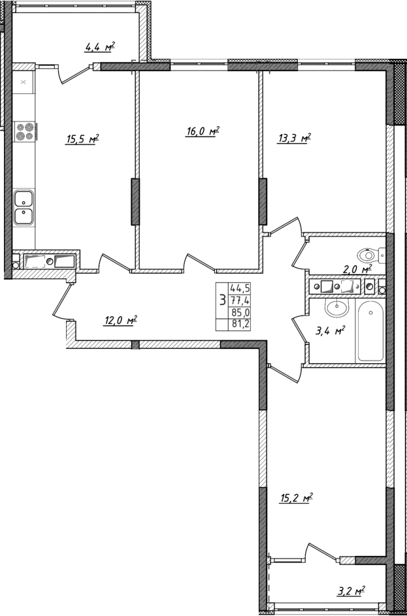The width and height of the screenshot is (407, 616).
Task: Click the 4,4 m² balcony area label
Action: [99, 46]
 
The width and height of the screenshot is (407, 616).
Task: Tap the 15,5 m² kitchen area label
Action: [82, 138]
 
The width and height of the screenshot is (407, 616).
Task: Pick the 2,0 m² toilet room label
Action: [357, 268]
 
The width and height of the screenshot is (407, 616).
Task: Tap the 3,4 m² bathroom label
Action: [330, 331]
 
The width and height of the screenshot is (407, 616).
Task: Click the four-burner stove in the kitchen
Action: [24, 132]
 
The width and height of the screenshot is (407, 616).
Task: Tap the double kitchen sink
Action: [24, 206]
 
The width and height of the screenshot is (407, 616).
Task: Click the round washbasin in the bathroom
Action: [338, 306]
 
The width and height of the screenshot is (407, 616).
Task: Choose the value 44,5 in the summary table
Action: [240, 287]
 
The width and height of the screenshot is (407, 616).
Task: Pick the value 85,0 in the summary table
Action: [240, 312]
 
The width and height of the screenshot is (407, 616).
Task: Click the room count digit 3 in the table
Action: [223, 300]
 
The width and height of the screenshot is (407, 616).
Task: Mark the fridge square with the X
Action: [24, 82]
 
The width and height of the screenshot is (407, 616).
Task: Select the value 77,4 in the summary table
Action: [240, 299]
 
